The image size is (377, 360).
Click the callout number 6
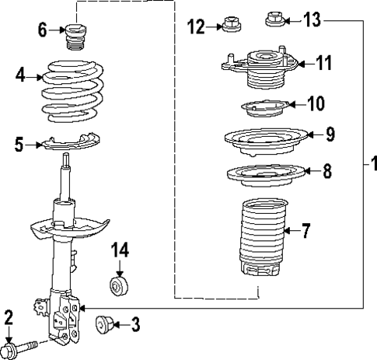click(x=43, y=30)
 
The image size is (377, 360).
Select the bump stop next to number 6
click(x=76, y=37)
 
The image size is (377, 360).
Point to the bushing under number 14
click(x=119, y=286)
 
